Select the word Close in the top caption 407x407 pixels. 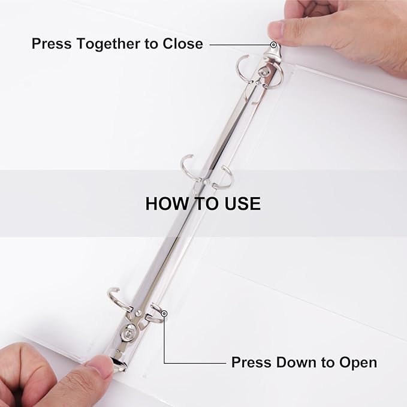click(183, 44)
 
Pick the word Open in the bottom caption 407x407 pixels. click(358, 363)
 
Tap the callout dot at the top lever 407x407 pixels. click(273, 45)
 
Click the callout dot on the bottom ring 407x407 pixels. click(164, 314)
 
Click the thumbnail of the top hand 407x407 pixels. click(276, 30)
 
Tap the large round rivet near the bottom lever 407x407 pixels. click(129, 333)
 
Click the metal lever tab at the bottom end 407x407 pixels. click(118, 364)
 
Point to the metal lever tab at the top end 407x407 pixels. click(272, 55)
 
